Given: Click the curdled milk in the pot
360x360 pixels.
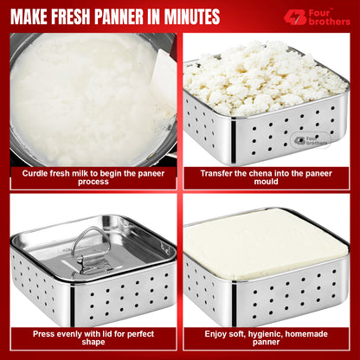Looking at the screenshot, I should (x=78, y=95).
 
